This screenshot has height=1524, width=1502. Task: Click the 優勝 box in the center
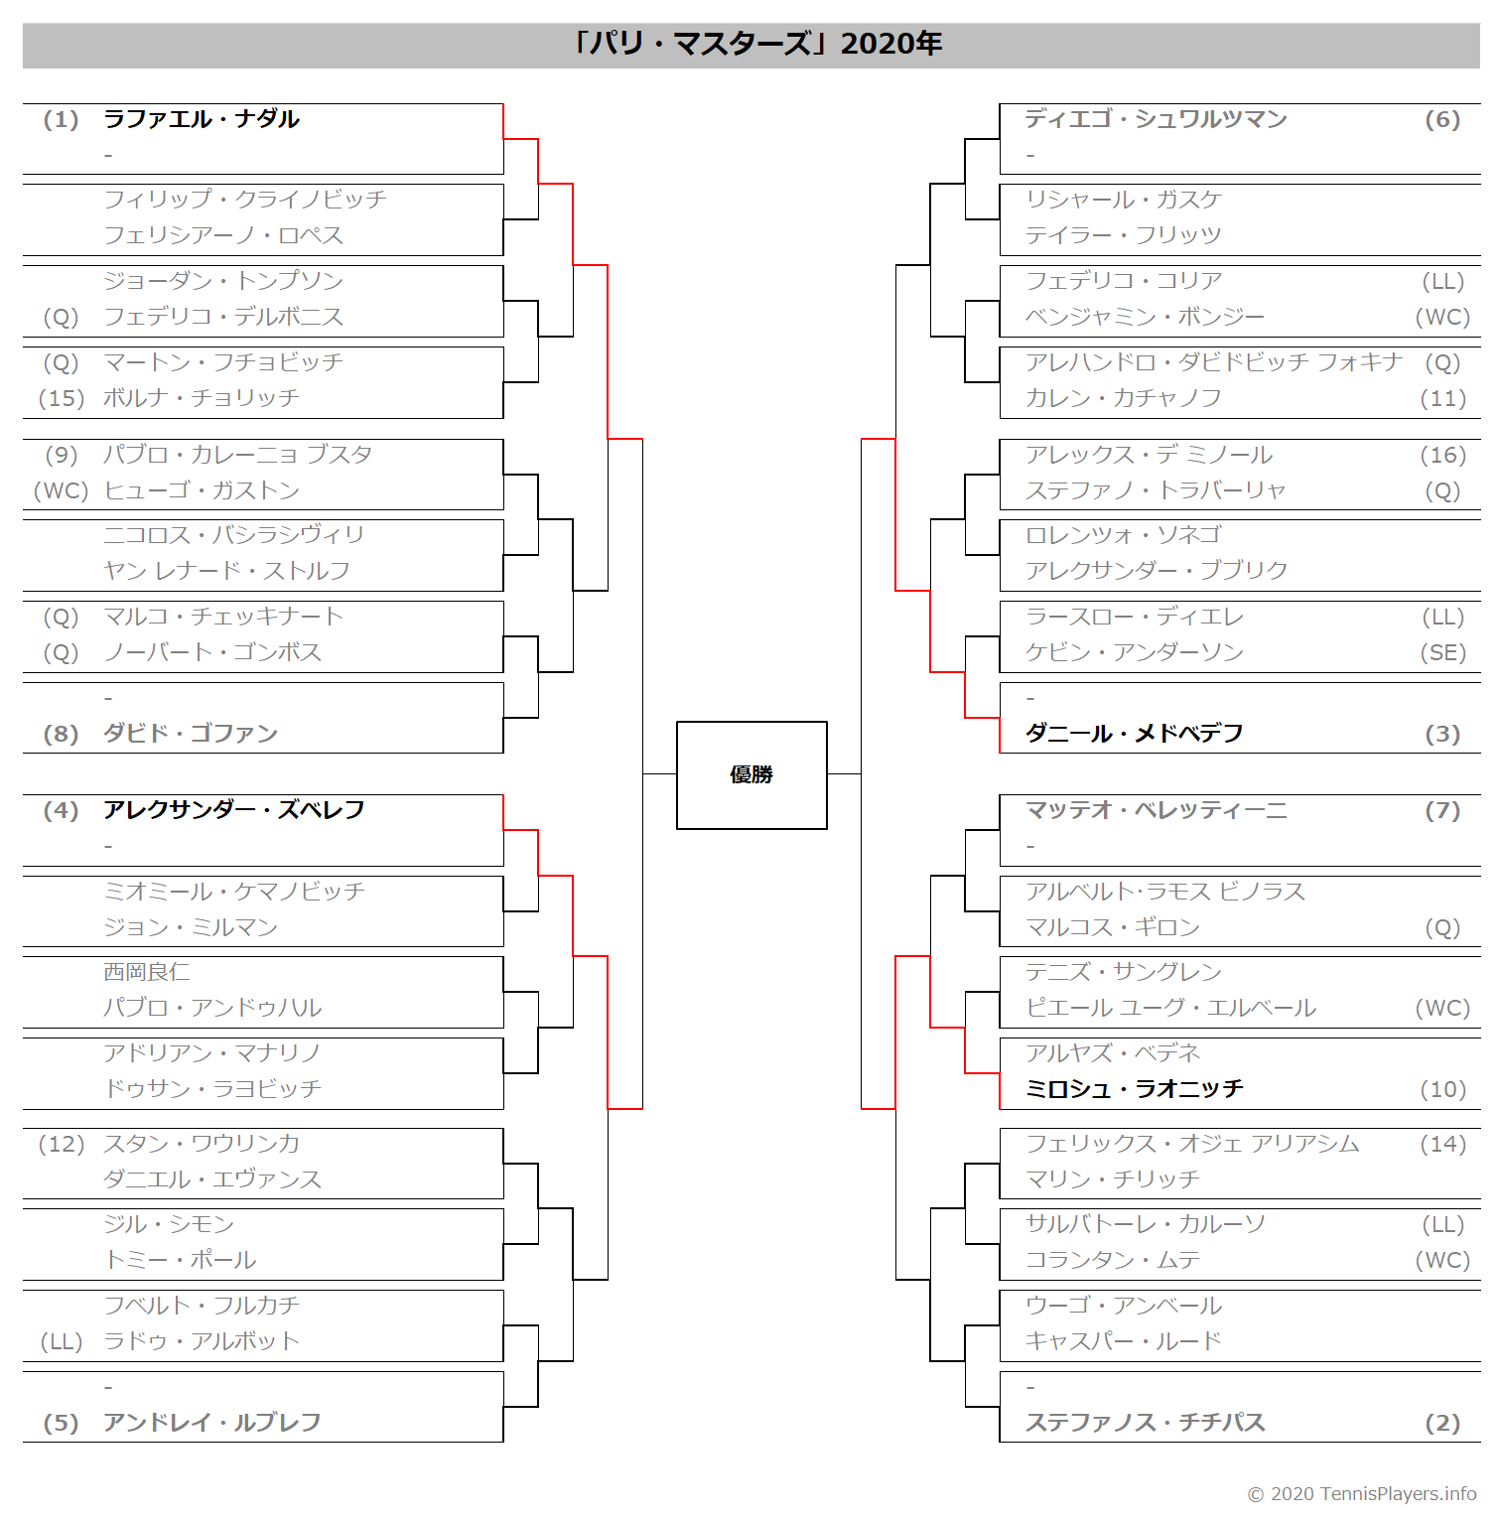pos(751,775)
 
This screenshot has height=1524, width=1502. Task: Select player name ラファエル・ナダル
pos(202,119)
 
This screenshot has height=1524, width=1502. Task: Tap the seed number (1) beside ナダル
pos(61,120)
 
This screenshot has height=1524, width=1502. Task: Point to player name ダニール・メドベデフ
pos(1135,734)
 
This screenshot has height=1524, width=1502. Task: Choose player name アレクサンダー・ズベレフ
pos(234,810)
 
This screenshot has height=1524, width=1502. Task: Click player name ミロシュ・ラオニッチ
pos(1135,1089)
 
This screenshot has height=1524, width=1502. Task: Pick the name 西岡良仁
pos(147,972)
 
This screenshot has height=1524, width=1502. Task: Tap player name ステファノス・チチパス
pos(1146,1423)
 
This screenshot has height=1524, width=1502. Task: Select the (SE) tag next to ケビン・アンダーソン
pos(1443,653)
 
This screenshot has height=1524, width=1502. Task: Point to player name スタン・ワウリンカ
pos(202,1144)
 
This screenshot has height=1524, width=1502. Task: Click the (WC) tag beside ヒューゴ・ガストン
pos(61,490)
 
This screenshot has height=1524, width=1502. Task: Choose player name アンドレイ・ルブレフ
pos(212,1423)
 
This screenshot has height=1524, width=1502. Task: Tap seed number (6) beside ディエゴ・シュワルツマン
pos(1443,120)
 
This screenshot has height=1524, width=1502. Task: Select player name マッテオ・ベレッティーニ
pos(1157,810)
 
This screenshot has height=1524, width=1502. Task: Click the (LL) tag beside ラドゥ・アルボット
pos(61,1342)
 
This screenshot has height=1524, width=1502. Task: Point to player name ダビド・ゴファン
pos(191,734)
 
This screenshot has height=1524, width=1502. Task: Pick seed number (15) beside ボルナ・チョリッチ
pos(61,399)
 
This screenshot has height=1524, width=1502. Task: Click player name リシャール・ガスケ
pos(1124,200)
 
